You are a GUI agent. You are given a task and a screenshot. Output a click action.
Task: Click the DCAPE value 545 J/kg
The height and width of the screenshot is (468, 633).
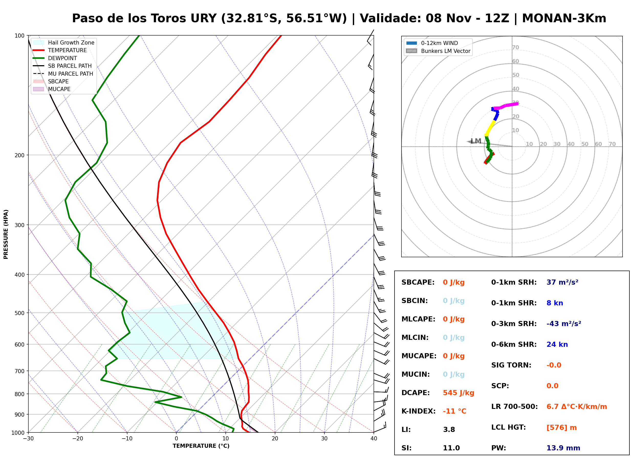pos(458,393)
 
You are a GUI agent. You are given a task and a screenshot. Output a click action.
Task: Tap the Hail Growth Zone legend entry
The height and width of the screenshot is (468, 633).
pos(64,42)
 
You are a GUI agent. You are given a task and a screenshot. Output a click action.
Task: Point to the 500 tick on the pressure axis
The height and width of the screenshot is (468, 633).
pos(19,313)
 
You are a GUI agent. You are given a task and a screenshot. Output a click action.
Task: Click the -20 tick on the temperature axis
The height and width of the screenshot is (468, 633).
pos(77,439)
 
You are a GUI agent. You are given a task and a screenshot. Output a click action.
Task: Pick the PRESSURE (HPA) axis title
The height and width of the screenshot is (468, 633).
pos(6,234)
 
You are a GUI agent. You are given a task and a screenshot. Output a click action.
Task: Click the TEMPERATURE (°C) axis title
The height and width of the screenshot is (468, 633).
pos(201,446)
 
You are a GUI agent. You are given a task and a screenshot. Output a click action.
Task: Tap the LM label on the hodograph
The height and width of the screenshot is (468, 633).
pos(476,141)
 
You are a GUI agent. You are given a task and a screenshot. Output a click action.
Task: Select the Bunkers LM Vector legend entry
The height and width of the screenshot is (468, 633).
pos(438,51)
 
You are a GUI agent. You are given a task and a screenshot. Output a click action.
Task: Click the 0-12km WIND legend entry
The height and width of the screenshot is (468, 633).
pos(432,43)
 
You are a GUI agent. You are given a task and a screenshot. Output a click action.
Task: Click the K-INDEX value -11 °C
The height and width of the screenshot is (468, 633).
pos(454,411)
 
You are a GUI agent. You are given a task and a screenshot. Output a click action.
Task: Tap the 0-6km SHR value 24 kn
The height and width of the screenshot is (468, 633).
pos(557,344)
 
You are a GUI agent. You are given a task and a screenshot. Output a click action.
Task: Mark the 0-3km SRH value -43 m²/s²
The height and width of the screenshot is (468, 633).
pos(564,324)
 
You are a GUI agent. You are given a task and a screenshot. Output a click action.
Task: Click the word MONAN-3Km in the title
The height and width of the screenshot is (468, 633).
pos(564,18)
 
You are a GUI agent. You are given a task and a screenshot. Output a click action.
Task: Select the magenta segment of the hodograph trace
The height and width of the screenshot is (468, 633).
pos(506,106)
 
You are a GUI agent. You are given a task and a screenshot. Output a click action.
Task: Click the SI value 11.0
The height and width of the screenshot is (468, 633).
pos(451,448)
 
